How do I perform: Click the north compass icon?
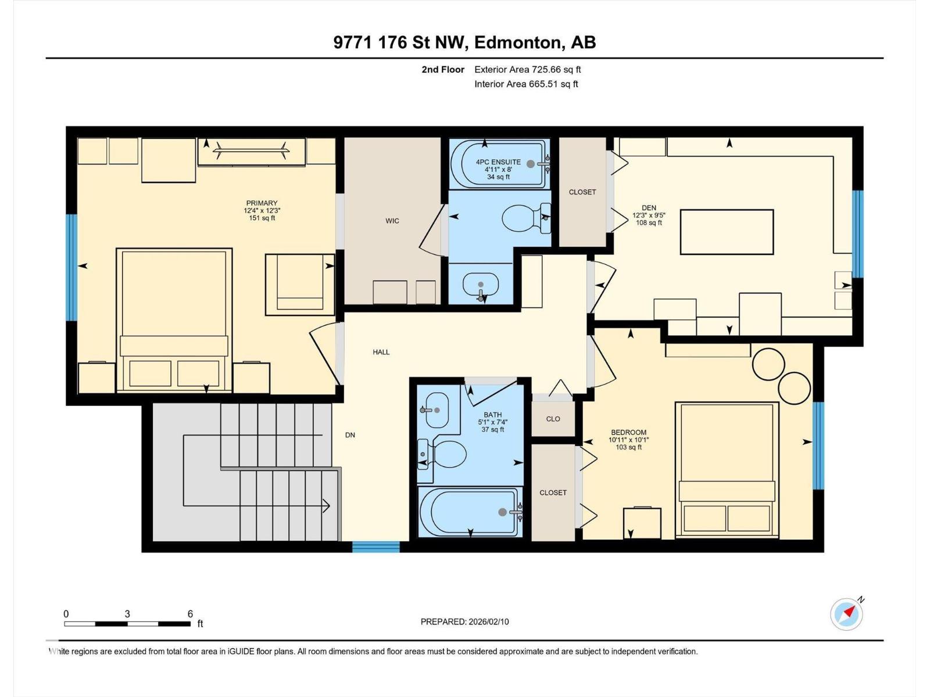tap(846, 614)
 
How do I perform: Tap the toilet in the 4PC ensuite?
tap(526, 218)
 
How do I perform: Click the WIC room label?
tap(392, 221)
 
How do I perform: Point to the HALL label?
tap(381, 351)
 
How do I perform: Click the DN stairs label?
tap(350, 434)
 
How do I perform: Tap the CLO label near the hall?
tap(553, 419)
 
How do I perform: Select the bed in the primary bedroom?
tap(174, 320)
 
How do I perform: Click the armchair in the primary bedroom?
tap(300, 285)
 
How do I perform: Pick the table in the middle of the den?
tap(727, 232)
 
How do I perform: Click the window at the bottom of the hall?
tap(376, 547)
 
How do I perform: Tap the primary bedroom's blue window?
tap(71, 267)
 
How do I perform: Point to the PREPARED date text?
tap(464, 621)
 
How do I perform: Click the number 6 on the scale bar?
tap(190, 613)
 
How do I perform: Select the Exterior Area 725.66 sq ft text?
tap(528, 69)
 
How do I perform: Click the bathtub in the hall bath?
tap(469, 512)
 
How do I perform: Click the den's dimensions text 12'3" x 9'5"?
tap(649, 215)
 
